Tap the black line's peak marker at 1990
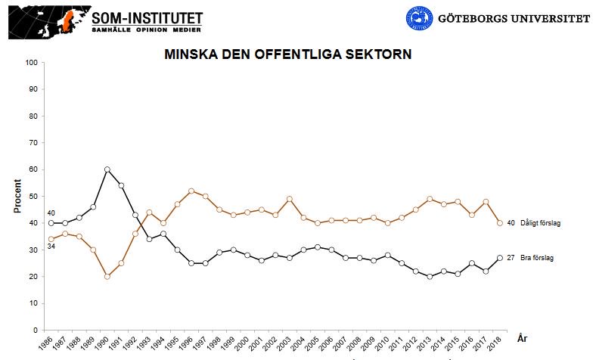(x=107, y=169)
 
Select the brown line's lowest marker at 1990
(x=107, y=276)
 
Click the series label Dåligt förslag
(x=540, y=223)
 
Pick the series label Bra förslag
(x=536, y=258)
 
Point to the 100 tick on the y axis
(x=32, y=62)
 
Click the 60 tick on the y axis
(x=34, y=169)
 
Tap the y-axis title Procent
(x=17, y=197)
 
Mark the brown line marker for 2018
(x=500, y=223)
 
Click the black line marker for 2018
(x=500, y=258)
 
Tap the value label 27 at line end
(x=511, y=258)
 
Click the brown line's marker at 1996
(x=191, y=191)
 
